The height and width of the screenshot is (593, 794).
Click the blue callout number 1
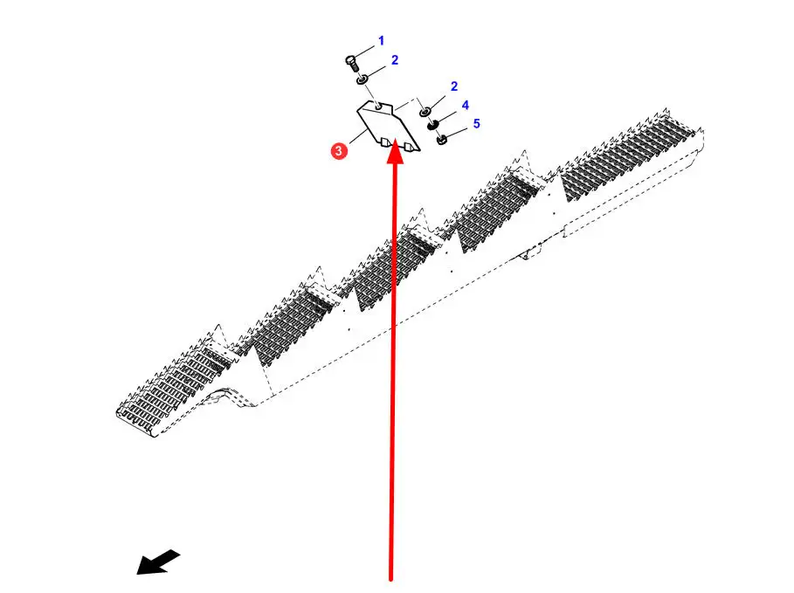tap(381, 41)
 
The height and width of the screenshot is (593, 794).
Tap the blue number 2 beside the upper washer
tap(395, 60)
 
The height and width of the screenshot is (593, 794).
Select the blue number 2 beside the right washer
tap(454, 86)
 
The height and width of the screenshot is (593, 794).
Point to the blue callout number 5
tap(476, 124)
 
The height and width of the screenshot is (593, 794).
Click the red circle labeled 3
tap(339, 150)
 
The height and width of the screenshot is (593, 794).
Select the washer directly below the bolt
tap(360, 79)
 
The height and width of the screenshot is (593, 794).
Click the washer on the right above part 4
tap(424, 111)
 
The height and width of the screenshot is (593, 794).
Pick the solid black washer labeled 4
tap(432, 125)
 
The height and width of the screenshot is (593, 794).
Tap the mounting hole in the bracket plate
tap(377, 107)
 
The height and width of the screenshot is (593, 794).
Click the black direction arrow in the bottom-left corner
tap(158, 562)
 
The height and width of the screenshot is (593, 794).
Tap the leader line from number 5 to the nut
tap(459, 131)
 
